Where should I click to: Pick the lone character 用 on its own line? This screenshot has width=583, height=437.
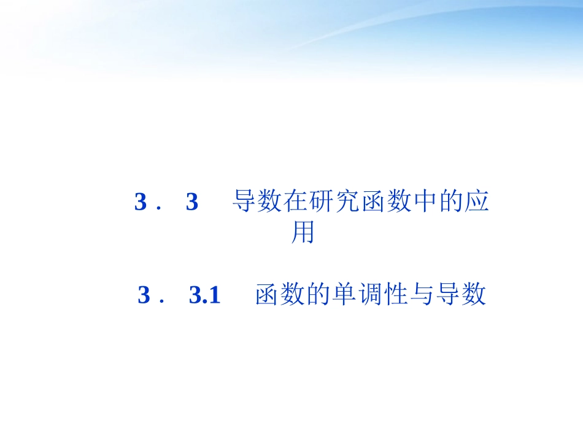coord(303,232)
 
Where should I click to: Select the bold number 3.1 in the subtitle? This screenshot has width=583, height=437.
coord(204,295)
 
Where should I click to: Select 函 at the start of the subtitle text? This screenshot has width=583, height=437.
coord(268,295)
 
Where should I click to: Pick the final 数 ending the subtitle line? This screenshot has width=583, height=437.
coord(474,295)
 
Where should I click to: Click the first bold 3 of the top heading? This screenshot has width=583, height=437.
coord(141,202)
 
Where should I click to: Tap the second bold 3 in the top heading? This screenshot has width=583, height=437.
coord(192,202)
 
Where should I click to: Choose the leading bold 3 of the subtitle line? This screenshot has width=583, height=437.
coord(144,295)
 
